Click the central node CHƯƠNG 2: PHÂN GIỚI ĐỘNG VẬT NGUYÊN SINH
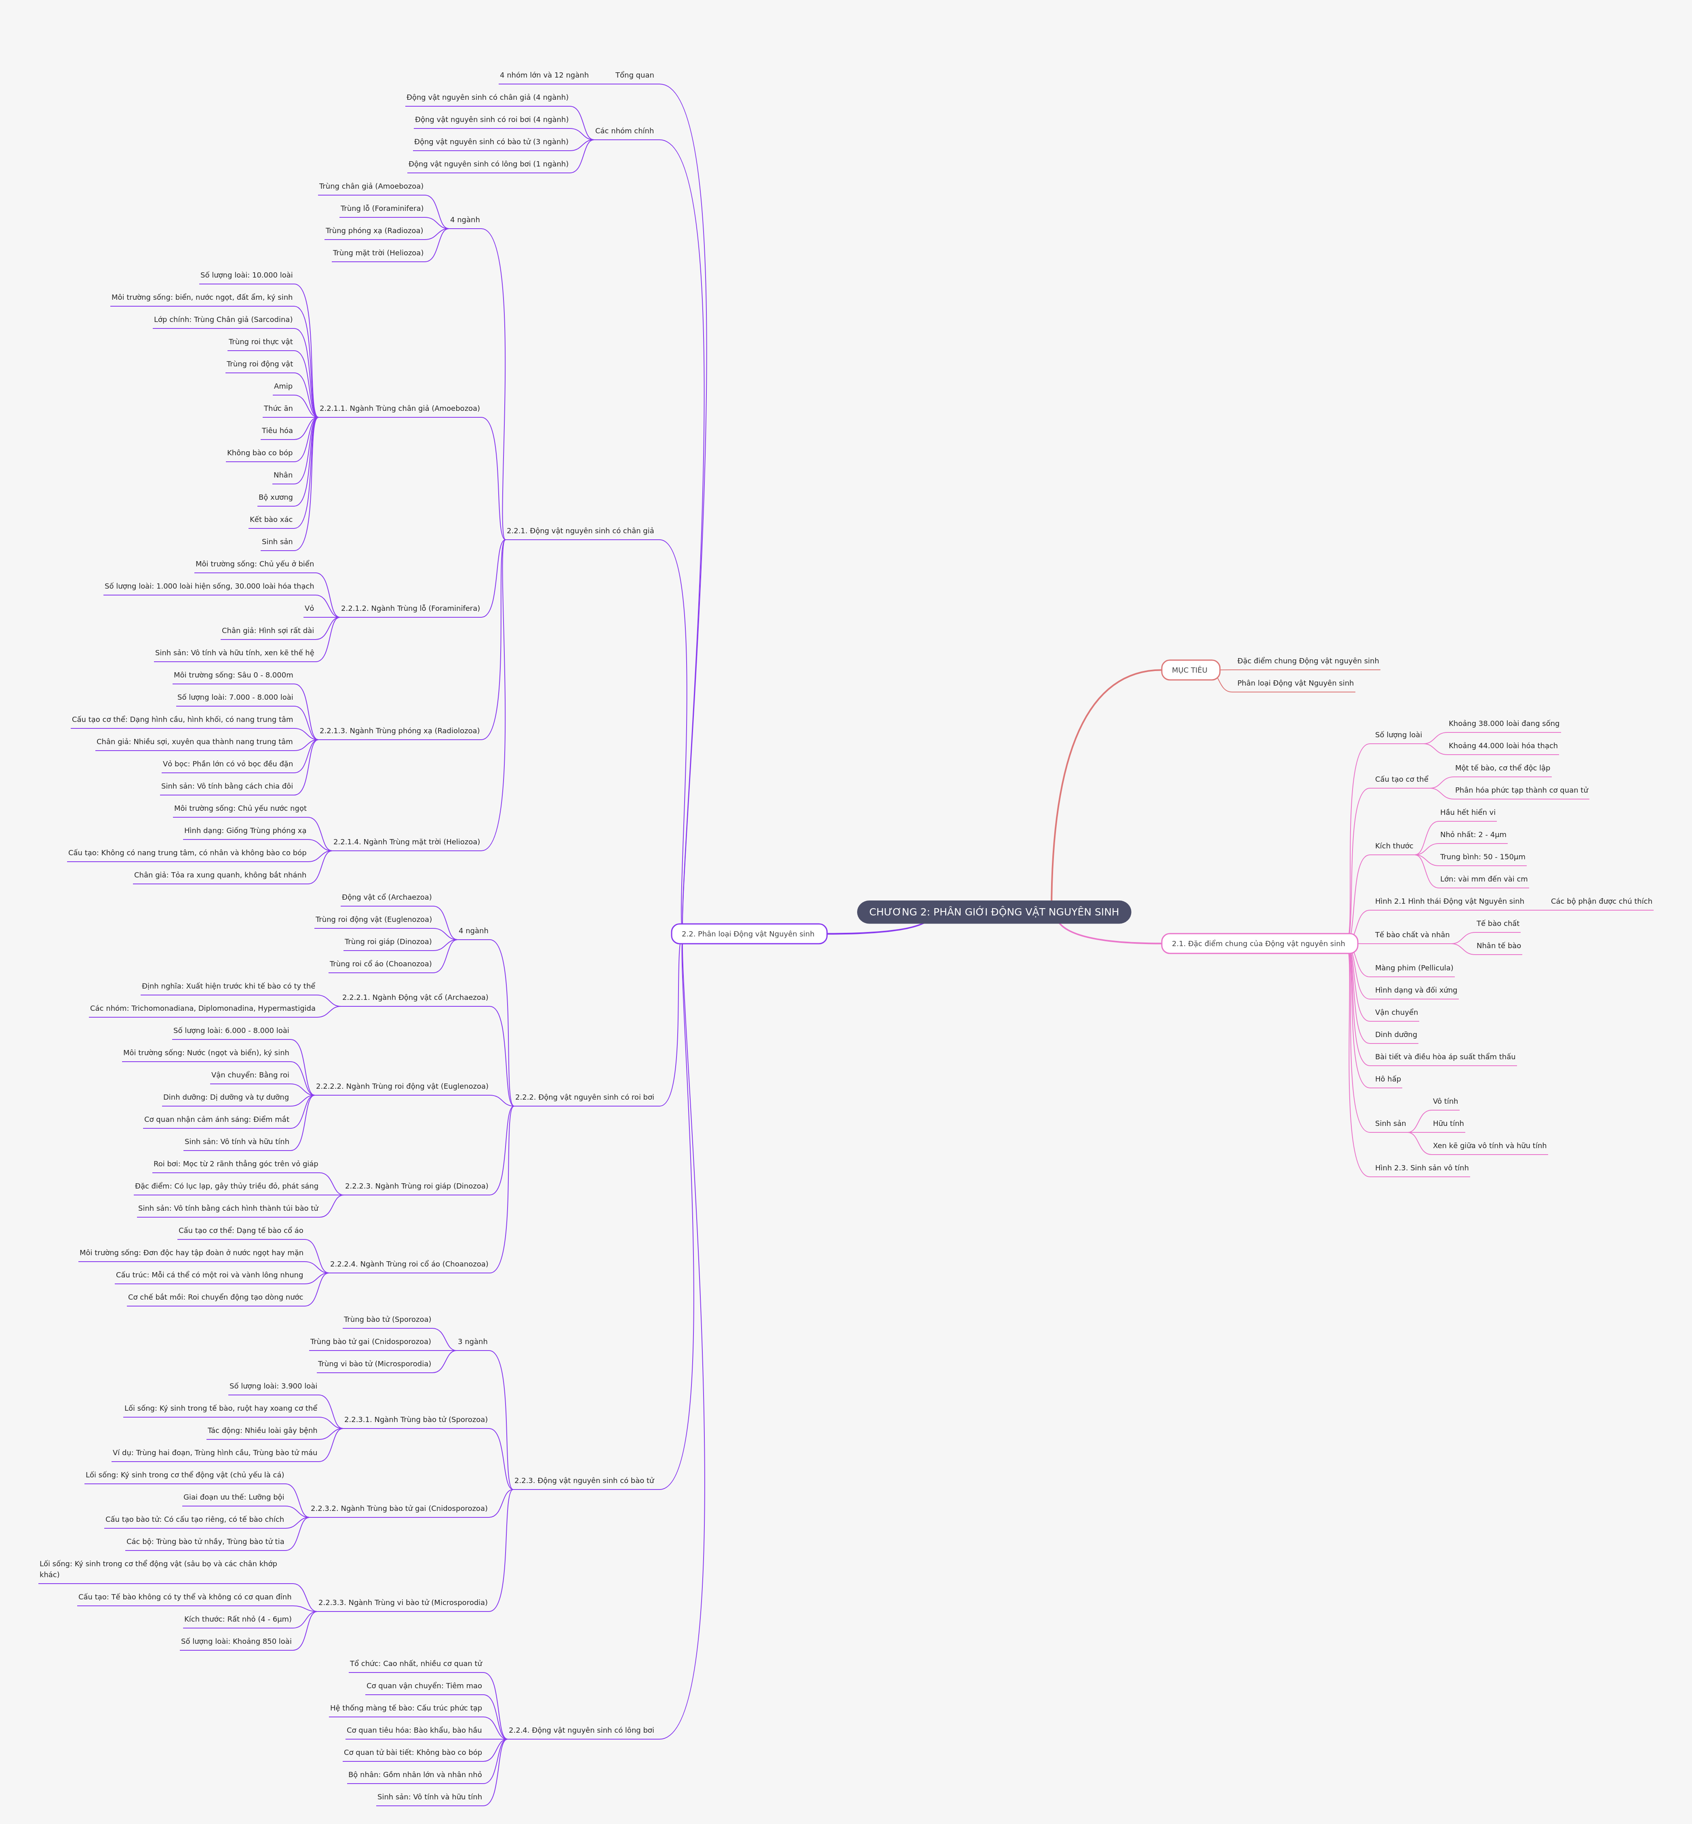tap(993, 911)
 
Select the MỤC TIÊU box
tap(1189, 670)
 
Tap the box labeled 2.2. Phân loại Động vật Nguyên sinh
tap(748, 934)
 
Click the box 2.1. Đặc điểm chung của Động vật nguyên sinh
tap(1258, 944)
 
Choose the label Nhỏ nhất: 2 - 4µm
tap(1472, 835)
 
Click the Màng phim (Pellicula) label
tap(1414, 968)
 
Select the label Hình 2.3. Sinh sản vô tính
tap(1421, 1168)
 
